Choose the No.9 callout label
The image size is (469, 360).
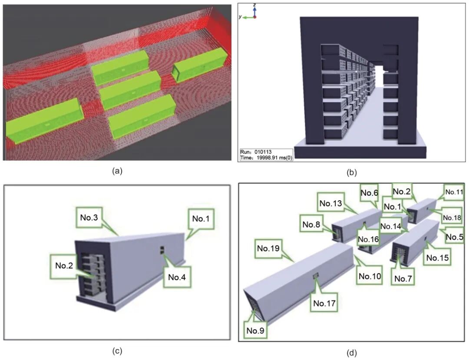(x=257, y=330)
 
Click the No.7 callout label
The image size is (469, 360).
(x=406, y=279)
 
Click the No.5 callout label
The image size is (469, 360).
(x=454, y=237)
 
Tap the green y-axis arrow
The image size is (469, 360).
(x=247, y=17)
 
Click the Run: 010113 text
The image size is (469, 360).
(x=256, y=152)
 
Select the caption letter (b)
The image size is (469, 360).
(x=352, y=172)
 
